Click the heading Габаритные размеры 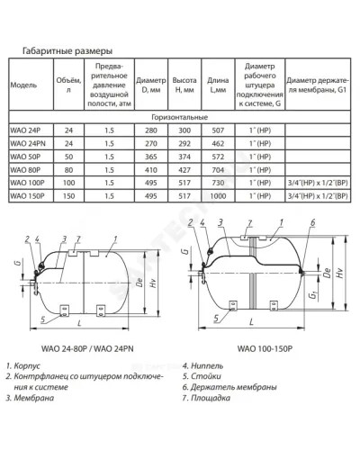pos(67,51)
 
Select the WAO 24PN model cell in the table pos(28,144)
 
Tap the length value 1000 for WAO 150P pos(218,196)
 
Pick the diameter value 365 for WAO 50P pos(151,157)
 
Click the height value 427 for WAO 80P pos(184,170)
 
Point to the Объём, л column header pos(68,85)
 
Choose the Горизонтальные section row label pos(179,117)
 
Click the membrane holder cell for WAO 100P pos(318,183)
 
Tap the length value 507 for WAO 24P pos(218,130)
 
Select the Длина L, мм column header pos(218,85)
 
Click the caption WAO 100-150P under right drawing pos(265,348)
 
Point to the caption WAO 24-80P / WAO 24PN pos(87,348)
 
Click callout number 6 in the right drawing pos(313,222)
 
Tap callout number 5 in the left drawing pos(43,319)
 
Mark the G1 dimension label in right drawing pos(314,296)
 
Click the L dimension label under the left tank pos(79,323)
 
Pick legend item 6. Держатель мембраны pos(229,387)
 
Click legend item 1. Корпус pos(23,366)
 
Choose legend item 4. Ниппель pos(202,366)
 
